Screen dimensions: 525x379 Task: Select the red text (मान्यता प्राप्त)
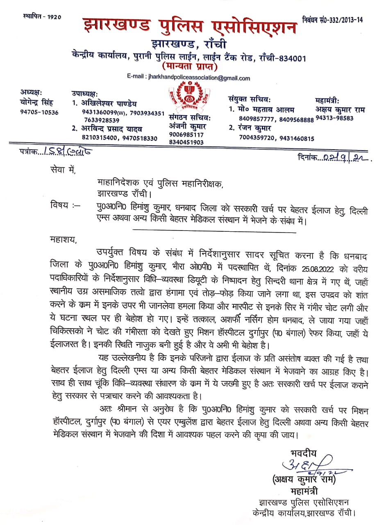(189, 66)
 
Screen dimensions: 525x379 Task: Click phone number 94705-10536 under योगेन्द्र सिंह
(39, 112)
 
